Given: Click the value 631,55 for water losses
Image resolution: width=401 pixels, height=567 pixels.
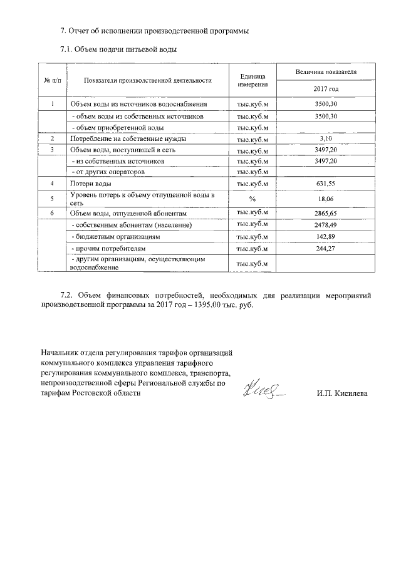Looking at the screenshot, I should coord(325,184).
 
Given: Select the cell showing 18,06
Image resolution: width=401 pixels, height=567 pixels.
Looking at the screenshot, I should coord(325,199).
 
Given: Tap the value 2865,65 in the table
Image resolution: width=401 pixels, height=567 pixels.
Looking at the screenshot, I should coord(325,213).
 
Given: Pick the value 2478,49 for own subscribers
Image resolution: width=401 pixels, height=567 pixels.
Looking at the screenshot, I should coord(325,225).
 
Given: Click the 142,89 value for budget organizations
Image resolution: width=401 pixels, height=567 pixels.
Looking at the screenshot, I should coord(325,237).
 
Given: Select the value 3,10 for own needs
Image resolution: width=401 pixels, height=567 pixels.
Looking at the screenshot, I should coord(325,138).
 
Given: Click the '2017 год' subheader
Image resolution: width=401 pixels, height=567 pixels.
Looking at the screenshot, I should coord(325,88).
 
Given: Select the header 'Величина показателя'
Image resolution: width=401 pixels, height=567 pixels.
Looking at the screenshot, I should coord(325,72).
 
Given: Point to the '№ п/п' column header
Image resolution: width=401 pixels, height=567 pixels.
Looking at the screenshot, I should coord(53,80).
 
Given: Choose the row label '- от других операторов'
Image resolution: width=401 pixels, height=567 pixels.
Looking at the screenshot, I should coord(109,171).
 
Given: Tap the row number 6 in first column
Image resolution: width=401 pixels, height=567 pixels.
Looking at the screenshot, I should coord(53,213).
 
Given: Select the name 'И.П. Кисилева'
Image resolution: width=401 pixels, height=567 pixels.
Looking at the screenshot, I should coord(343,393).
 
